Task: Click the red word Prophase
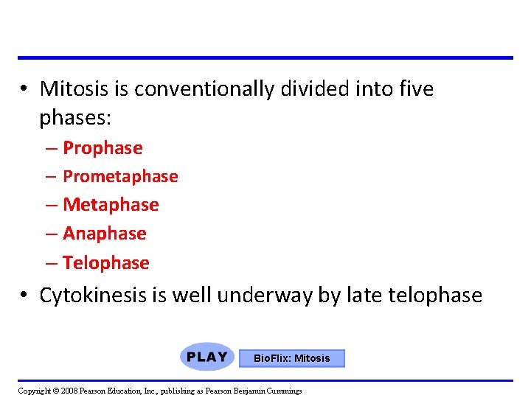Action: (x=103, y=148)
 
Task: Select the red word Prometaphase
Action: (x=120, y=177)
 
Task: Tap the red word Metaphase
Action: (x=111, y=204)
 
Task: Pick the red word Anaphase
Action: (x=105, y=234)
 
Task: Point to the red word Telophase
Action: (x=106, y=262)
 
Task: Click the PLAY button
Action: (x=206, y=357)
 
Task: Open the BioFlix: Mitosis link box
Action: (x=292, y=358)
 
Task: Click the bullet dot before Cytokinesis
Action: (x=24, y=296)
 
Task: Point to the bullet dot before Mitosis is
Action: (x=24, y=89)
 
